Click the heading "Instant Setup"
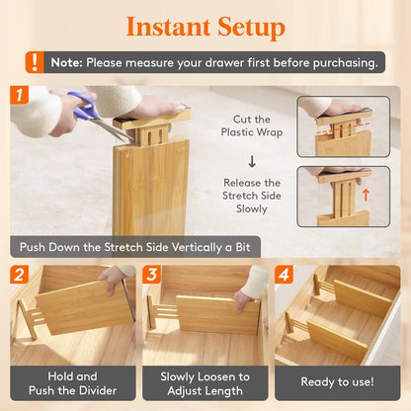pyautogui.click(x=205, y=26)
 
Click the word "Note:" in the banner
pyautogui.click(x=67, y=62)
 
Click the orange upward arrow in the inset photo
pyautogui.click(x=366, y=195)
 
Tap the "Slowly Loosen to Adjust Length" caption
pyautogui.click(x=205, y=383)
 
